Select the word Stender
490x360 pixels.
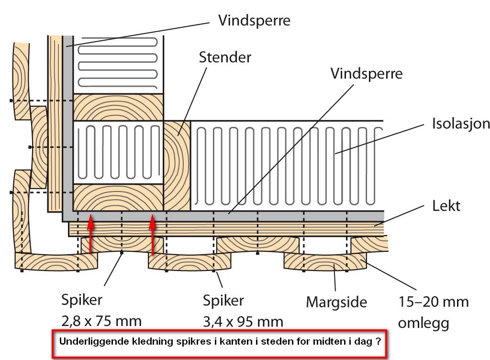(x=225, y=58)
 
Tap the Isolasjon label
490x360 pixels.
(x=460, y=124)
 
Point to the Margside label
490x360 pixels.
(x=336, y=302)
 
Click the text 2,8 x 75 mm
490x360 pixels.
(x=101, y=321)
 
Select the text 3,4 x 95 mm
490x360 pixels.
(x=243, y=321)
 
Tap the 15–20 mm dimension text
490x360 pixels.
(x=434, y=303)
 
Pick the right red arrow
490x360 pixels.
(x=153, y=235)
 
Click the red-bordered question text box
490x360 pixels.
(x=219, y=343)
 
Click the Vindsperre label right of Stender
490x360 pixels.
(x=367, y=74)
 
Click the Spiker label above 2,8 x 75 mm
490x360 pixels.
(x=82, y=301)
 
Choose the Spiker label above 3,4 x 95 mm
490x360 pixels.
(x=223, y=301)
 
